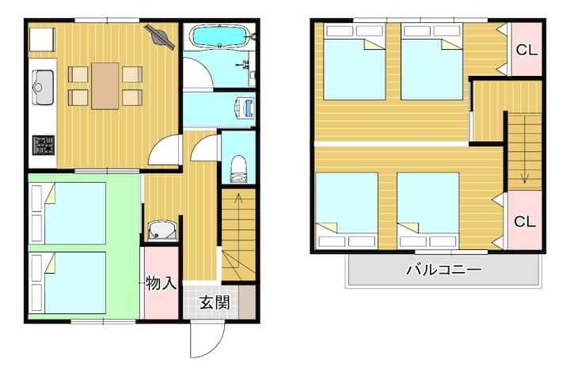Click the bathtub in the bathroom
pyautogui.click(x=219, y=36)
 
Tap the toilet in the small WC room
pyautogui.click(x=238, y=169)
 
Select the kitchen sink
pyautogui.click(x=43, y=87)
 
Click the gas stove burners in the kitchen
pyautogui.click(x=44, y=145)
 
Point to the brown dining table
pyautogui.click(x=105, y=85)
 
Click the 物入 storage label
pyautogui.click(x=161, y=283)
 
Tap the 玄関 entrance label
pyautogui.click(x=215, y=302)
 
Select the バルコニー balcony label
pyautogui.click(x=444, y=270)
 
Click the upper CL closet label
pyautogui.click(x=526, y=50)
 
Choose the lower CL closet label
pyautogui.click(x=525, y=221)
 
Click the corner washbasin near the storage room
pyautogui.click(x=162, y=230)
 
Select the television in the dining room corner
pyautogui.click(x=160, y=36)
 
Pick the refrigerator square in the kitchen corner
pyautogui.click(x=41, y=40)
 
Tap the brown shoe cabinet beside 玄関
pyautogui.click(x=247, y=302)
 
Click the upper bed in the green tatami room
pyautogui.click(x=68, y=214)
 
